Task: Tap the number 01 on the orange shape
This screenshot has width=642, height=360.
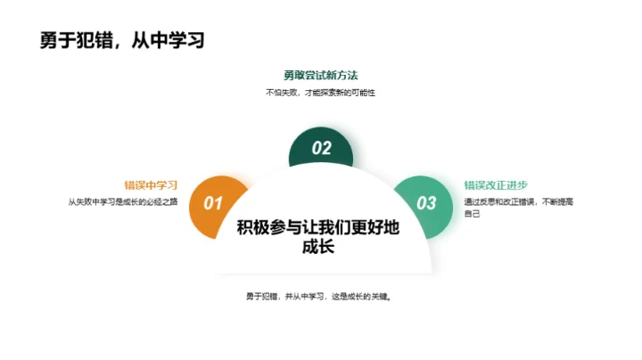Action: click(212, 203)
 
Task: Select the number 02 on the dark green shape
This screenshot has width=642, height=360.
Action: click(321, 149)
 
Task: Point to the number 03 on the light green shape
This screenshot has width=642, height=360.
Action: click(427, 203)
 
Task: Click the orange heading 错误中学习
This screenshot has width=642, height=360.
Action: click(151, 185)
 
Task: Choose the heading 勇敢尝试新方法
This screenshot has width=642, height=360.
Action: click(321, 75)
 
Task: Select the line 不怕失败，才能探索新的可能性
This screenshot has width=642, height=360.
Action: click(321, 92)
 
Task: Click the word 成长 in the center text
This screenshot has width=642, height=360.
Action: click(318, 247)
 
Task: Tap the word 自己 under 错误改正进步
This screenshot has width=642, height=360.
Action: click(473, 215)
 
